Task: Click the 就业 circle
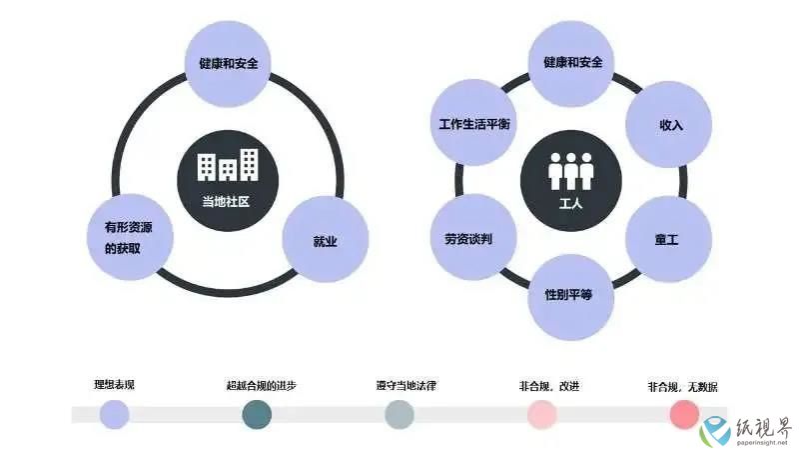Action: click(326, 239)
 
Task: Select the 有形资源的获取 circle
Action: click(130, 237)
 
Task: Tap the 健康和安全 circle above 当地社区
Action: click(228, 64)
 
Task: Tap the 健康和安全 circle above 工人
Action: click(570, 64)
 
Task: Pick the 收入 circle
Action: click(668, 124)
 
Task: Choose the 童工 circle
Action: click(668, 239)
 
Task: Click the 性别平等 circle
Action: click(570, 297)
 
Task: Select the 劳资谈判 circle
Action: click(473, 237)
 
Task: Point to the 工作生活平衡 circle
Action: click(473, 122)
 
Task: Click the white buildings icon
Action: click(228, 165)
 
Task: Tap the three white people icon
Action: click(570, 171)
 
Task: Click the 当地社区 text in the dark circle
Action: click(226, 202)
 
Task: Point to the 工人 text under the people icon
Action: click(570, 204)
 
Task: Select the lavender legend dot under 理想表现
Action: click(114, 414)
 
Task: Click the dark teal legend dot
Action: click(257, 414)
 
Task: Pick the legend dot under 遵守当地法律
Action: click(399, 414)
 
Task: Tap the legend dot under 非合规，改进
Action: click(541, 414)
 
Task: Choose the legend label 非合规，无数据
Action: click(683, 387)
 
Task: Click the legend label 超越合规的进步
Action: click(262, 385)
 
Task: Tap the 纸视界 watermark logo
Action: click(746, 431)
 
